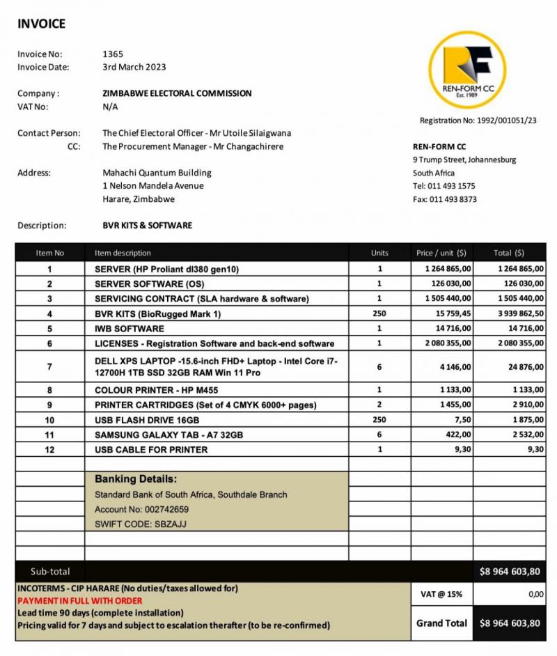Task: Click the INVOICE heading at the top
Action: [x=41, y=24]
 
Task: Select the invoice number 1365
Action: [x=113, y=54]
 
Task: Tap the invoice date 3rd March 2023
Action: [x=134, y=67]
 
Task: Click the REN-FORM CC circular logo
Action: [x=467, y=70]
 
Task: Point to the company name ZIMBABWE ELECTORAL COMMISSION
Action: [x=177, y=93]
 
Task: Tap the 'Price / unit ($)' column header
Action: [x=441, y=253]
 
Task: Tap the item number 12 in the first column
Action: [x=49, y=450]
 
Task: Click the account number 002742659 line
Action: [x=141, y=509]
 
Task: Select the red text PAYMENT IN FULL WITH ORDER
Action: [x=79, y=600]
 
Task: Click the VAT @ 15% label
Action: [x=441, y=594]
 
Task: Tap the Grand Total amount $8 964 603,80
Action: [x=510, y=623]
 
